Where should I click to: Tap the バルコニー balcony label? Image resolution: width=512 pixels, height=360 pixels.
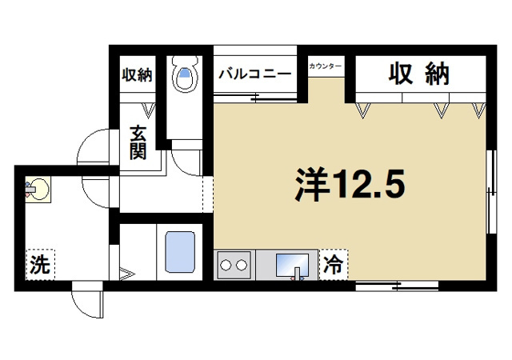click(256, 74)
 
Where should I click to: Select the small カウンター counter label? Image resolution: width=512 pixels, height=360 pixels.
click(326, 65)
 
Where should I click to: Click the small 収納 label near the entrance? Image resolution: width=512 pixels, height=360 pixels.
click(137, 75)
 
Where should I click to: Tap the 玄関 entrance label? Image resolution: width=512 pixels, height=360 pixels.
click(138, 142)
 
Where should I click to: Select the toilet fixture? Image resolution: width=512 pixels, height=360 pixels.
click(186, 75)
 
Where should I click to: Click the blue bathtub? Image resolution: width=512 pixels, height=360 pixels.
click(180, 254)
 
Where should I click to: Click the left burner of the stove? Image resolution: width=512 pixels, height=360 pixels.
click(226, 264)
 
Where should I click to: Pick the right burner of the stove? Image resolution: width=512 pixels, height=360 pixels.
click(240, 264)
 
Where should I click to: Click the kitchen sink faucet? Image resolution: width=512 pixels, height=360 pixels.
click(295, 274)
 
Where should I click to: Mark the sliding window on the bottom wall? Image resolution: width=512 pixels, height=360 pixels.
click(396, 286)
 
